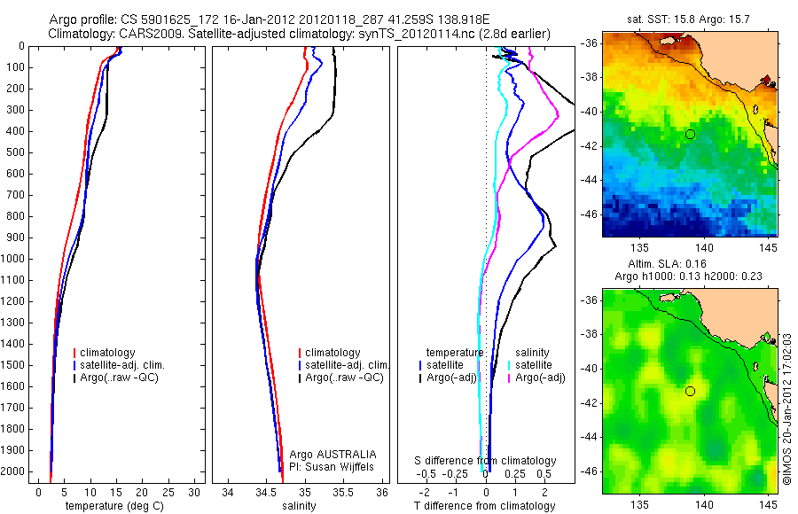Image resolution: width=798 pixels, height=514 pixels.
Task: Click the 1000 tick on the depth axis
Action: [x=17, y=259]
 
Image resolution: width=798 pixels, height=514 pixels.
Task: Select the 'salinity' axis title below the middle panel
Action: [x=299, y=506]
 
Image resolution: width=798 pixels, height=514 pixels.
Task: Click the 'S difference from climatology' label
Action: [x=486, y=461]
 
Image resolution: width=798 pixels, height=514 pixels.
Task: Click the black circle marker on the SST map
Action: [x=690, y=134]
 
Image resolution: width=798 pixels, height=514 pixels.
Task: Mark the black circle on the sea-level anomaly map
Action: [x=690, y=391]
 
